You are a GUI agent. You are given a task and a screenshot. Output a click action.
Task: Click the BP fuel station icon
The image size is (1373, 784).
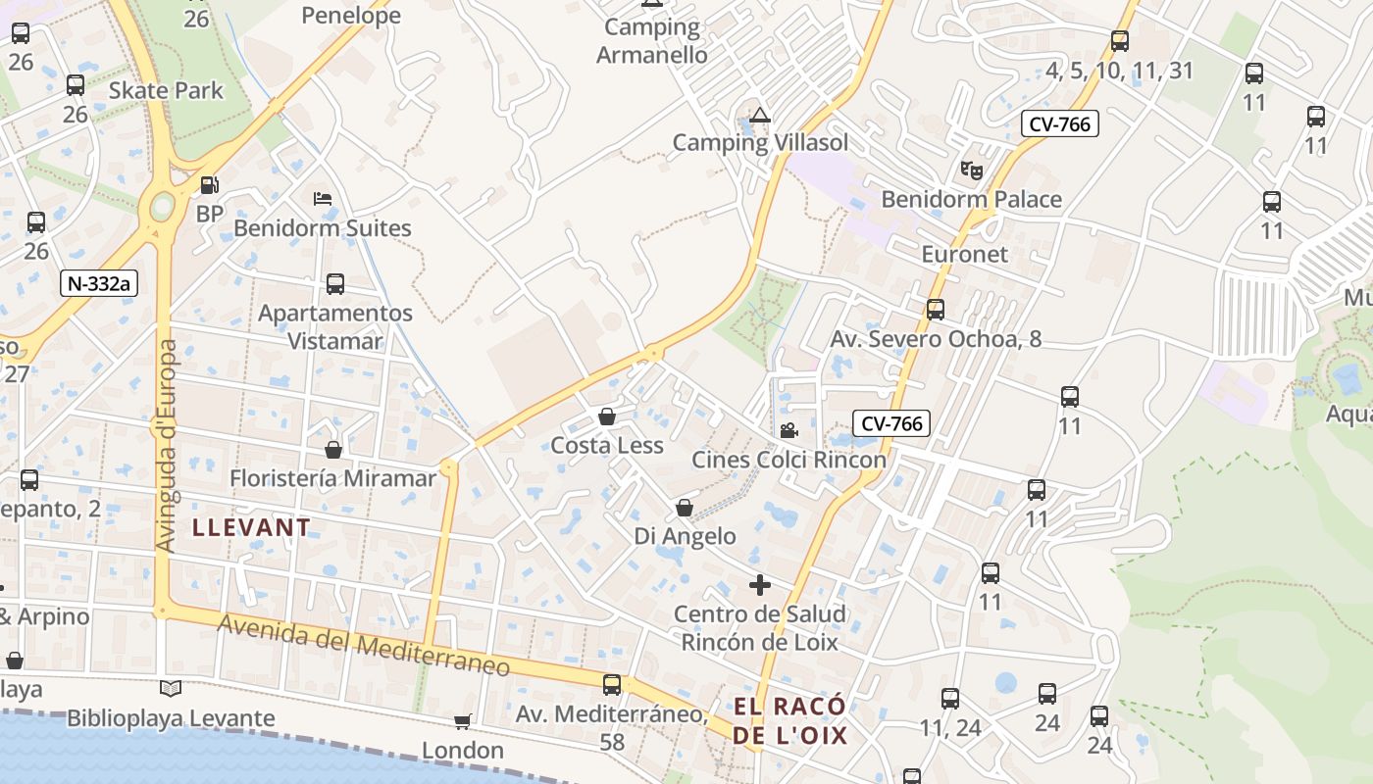[x=209, y=184]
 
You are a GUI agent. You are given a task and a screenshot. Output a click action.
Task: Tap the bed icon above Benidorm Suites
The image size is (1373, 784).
[x=323, y=198]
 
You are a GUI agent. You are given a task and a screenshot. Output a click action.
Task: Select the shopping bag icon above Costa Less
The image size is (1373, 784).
[x=607, y=416]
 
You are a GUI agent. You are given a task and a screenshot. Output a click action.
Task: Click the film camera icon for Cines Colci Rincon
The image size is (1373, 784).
[x=788, y=430]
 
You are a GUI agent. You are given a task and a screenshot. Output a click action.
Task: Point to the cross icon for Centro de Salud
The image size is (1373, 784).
[x=759, y=585]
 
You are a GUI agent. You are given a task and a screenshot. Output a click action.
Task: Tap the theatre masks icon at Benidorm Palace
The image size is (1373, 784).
[x=971, y=170]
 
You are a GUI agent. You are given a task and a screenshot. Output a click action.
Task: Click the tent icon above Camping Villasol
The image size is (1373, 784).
[x=760, y=114]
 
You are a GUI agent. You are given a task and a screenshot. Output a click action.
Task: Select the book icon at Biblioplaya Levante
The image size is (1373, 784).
[x=171, y=688]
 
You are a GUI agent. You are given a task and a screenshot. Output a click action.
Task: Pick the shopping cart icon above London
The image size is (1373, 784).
[x=462, y=721]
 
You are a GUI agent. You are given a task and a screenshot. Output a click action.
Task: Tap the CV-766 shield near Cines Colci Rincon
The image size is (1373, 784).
[x=890, y=423]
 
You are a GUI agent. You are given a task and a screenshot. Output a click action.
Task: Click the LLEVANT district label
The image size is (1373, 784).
[x=251, y=527]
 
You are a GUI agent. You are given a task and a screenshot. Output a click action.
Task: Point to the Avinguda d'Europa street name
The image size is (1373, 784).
[x=167, y=446]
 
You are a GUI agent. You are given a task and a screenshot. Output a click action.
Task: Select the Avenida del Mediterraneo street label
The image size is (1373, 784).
[x=364, y=646]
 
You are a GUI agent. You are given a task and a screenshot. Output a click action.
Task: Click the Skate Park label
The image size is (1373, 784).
[x=166, y=90]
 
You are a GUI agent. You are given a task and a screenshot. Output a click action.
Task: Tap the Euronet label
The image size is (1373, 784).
[x=965, y=254]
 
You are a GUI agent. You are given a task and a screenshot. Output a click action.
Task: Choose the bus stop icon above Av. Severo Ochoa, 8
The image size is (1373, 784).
[x=935, y=310]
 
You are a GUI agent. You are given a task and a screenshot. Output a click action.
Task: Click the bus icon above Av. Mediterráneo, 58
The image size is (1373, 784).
[x=612, y=684]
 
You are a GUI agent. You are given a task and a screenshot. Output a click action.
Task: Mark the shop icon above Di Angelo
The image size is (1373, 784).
[x=685, y=508]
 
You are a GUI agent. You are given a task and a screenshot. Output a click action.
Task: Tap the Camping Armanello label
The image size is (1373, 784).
[x=652, y=40]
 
